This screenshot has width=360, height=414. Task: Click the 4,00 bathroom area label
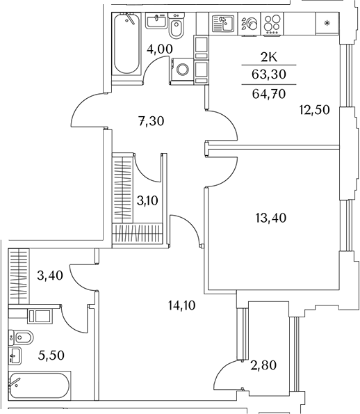click(x=160, y=49)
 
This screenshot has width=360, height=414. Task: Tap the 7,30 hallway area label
click(x=152, y=121)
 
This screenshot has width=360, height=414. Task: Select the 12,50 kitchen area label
click(x=314, y=109)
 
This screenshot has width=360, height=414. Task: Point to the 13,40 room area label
click(x=271, y=218)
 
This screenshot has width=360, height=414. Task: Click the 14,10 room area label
click(x=181, y=305)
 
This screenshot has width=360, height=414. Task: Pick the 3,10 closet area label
click(x=147, y=200)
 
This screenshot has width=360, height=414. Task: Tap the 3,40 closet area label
click(x=50, y=276)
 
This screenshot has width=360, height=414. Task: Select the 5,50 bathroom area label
click(x=51, y=356)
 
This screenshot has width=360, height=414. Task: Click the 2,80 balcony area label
click(x=263, y=365)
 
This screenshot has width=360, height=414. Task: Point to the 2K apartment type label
click(x=269, y=57)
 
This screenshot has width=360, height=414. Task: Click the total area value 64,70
click(x=269, y=94)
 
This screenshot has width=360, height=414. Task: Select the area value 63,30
click(x=269, y=74)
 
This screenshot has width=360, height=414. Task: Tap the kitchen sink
click(x=223, y=24)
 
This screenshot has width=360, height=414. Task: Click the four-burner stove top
click(x=272, y=24)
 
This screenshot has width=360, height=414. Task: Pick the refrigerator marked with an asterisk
click(x=327, y=23)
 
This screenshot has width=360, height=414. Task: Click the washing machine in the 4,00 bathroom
click(x=183, y=70)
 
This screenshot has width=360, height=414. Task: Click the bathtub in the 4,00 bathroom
click(x=127, y=44)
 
